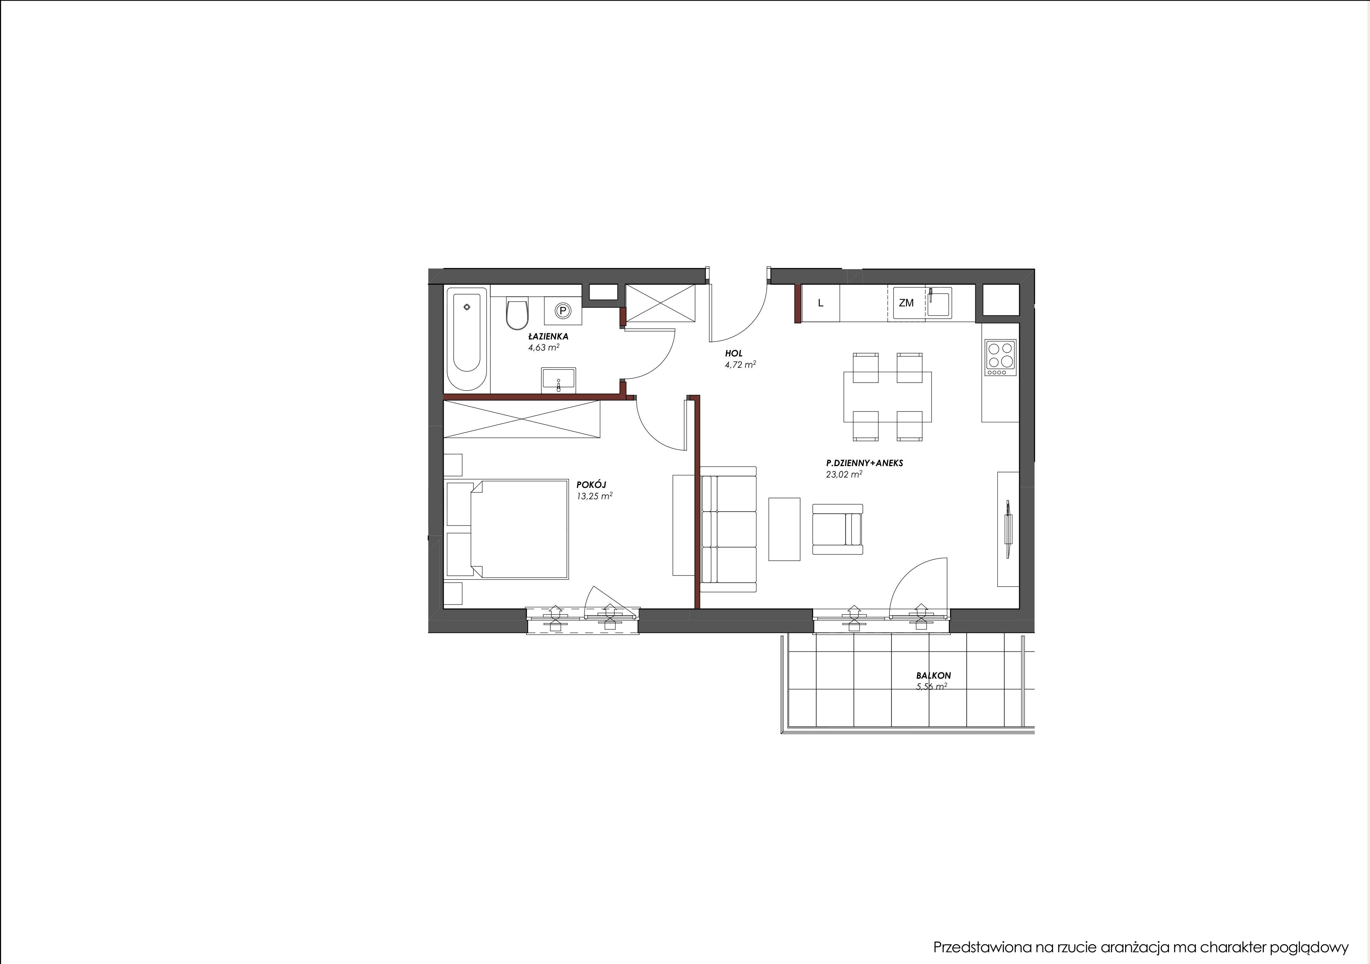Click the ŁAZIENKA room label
(548, 337)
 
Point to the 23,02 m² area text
(844, 474)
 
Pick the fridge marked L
(820, 303)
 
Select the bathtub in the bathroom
(466, 338)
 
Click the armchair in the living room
(837, 529)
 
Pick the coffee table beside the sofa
(785, 529)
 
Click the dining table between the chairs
(887, 396)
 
